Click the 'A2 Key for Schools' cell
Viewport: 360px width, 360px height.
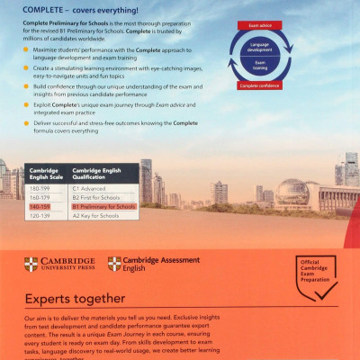(x=94, y=216)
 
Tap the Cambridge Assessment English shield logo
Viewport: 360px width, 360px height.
(x=114, y=265)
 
